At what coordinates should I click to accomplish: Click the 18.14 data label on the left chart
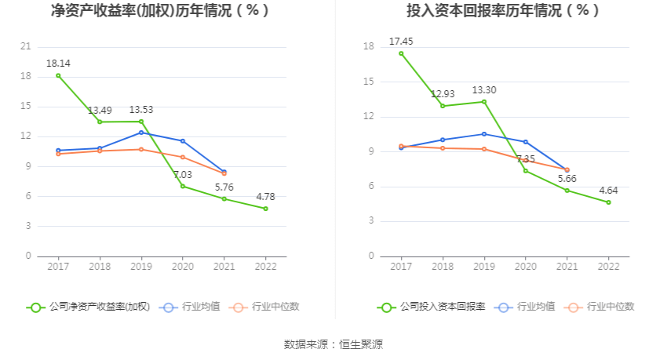coord(58,62)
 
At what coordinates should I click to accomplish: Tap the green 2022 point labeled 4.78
coord(265,209)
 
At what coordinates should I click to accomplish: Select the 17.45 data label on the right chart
coord(401,41)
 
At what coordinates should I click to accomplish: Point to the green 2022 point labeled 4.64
coord(608,202)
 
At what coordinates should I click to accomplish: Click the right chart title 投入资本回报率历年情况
coord(492,11)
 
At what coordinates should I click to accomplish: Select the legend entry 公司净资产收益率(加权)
coord(88,307)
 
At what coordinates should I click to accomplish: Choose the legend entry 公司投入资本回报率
coord(431,307)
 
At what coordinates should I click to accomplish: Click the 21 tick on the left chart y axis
coord(26,46)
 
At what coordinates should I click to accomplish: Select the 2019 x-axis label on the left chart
coord(141,267)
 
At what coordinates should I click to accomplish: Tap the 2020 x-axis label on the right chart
coord(525,267)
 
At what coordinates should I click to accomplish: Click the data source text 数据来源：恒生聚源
coord(333,344)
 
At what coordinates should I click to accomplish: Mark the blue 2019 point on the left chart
coord(141,133)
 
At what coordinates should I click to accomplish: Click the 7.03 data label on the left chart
coord(183,174)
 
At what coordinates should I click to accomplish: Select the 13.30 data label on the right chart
coord(484,90)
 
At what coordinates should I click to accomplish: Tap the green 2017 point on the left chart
coord(58,75)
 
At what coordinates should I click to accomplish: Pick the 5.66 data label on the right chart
coord(567,178)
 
